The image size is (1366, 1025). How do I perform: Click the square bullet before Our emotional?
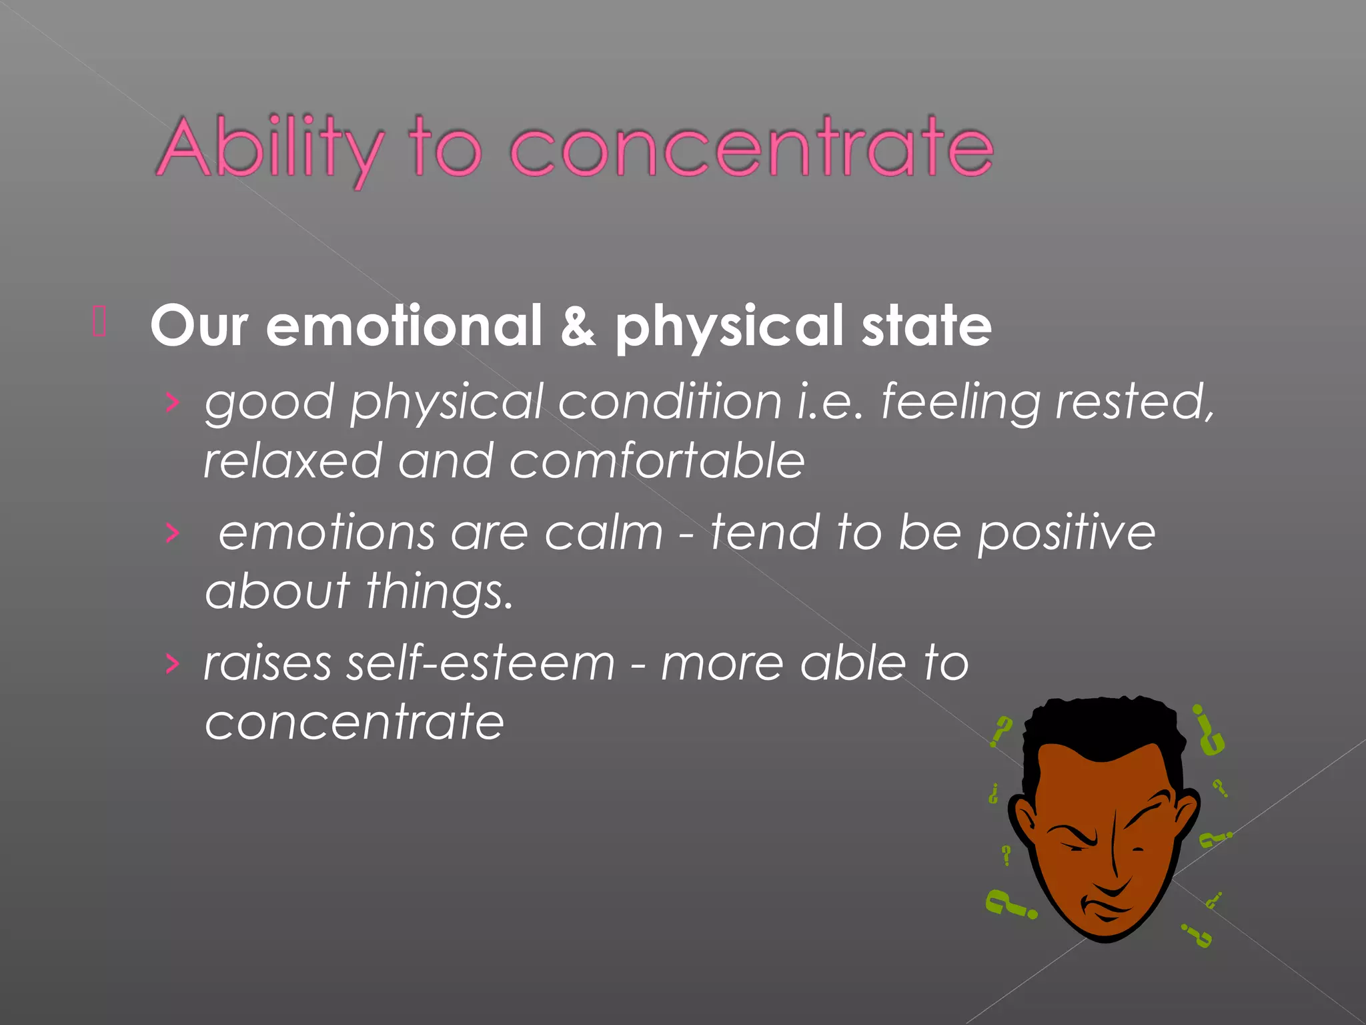[99, 321]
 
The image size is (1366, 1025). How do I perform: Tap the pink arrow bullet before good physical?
[173, 402]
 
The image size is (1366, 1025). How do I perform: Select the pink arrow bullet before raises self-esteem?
[173, 663]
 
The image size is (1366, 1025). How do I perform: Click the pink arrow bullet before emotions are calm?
[173, 533]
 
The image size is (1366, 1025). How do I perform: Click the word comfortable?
[657, 460]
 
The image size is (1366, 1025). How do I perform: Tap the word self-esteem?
[480, 663]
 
